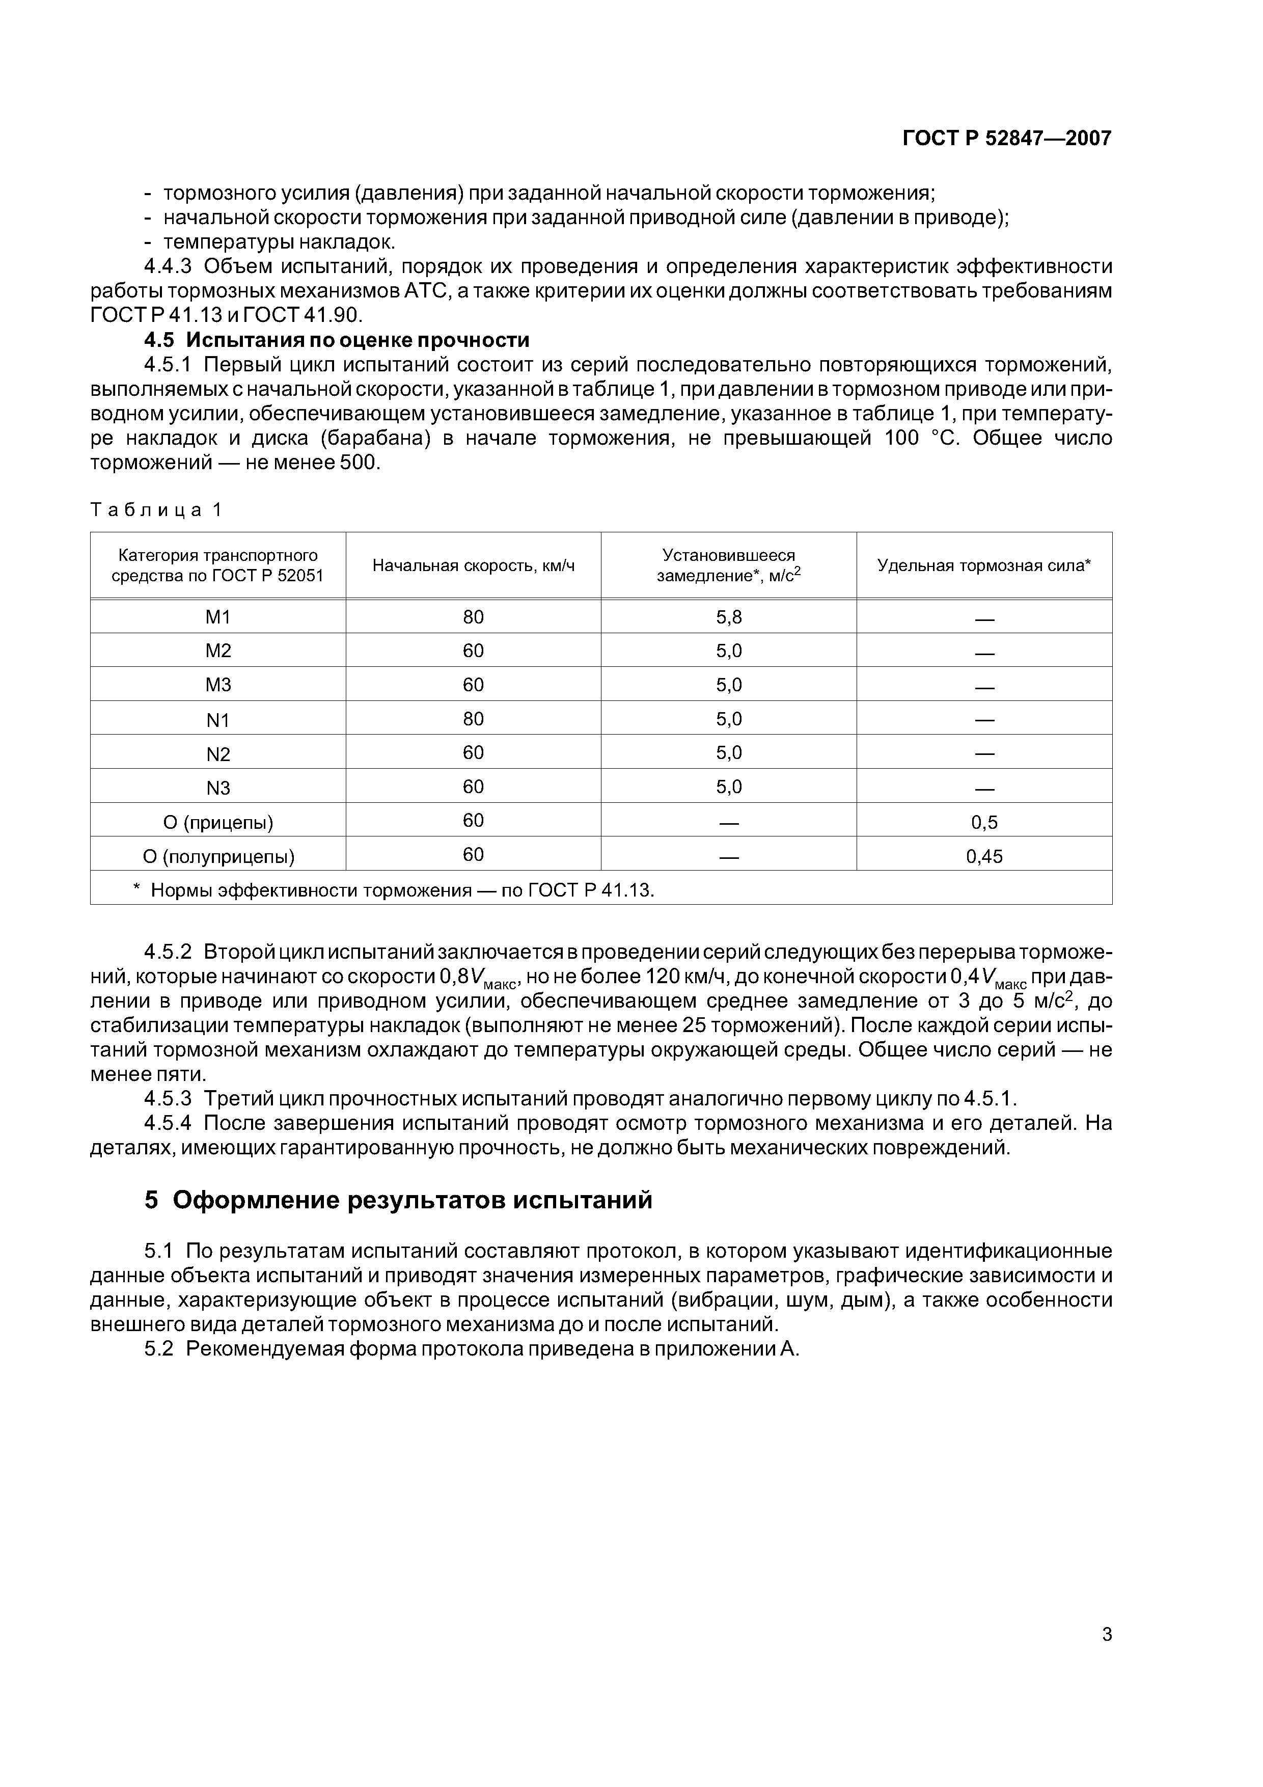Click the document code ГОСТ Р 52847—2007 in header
point(1006,139)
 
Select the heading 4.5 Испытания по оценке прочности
point(337,340)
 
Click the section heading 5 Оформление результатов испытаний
point(398,1201)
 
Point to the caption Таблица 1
point(156,510)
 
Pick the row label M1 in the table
point(218,617)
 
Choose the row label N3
point(218,788)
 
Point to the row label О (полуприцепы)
point(218,857)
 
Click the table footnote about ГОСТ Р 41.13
point(394,889)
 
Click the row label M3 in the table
point(218,685)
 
